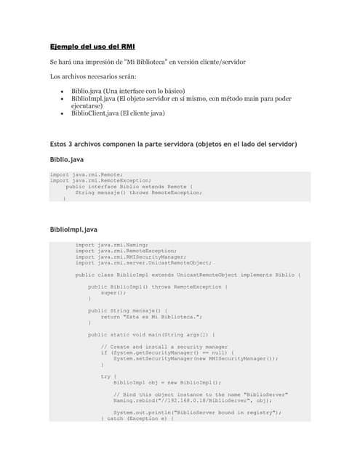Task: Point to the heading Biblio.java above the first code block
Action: coord(65,158)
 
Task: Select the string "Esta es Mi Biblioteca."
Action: coord(161,317)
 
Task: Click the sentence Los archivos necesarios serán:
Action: coord(92,76)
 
